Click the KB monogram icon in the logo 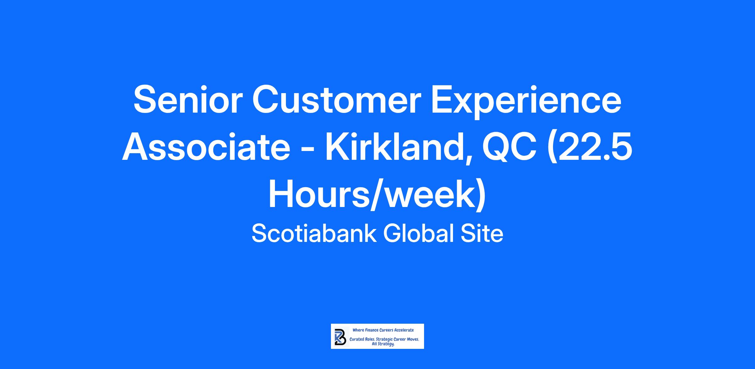pos(340,337)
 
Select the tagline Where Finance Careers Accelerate pos(383,330)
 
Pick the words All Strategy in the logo pos(383,344)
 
